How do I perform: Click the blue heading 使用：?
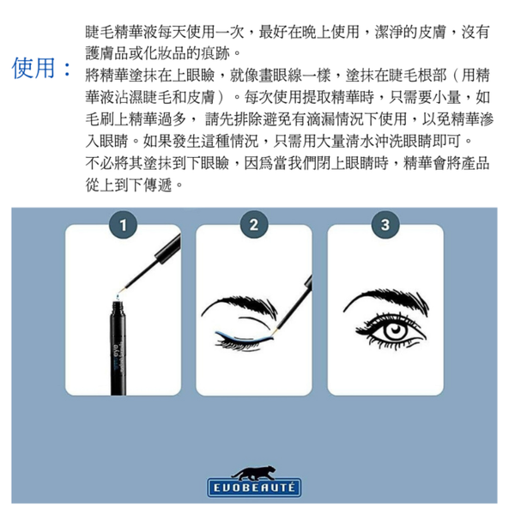(42, 68)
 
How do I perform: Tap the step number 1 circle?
(123, 225)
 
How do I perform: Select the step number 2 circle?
(254, 225)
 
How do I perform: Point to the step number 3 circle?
(385, 225)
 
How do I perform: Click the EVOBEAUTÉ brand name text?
(254, 488)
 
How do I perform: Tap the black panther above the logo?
(253, 473)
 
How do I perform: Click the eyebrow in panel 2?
(239, 306)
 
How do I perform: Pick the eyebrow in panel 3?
(386, 300)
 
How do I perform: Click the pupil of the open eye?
(396, 330)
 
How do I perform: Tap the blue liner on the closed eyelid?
(245, 336)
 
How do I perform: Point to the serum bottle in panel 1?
(118, 348)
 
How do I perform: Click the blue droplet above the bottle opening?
(118, 297)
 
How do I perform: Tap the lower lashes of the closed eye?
(239, 345)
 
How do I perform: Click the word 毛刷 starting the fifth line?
(100, 119)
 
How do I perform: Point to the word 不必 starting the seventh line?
(100, 163)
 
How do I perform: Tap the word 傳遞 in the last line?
(158, 185)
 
